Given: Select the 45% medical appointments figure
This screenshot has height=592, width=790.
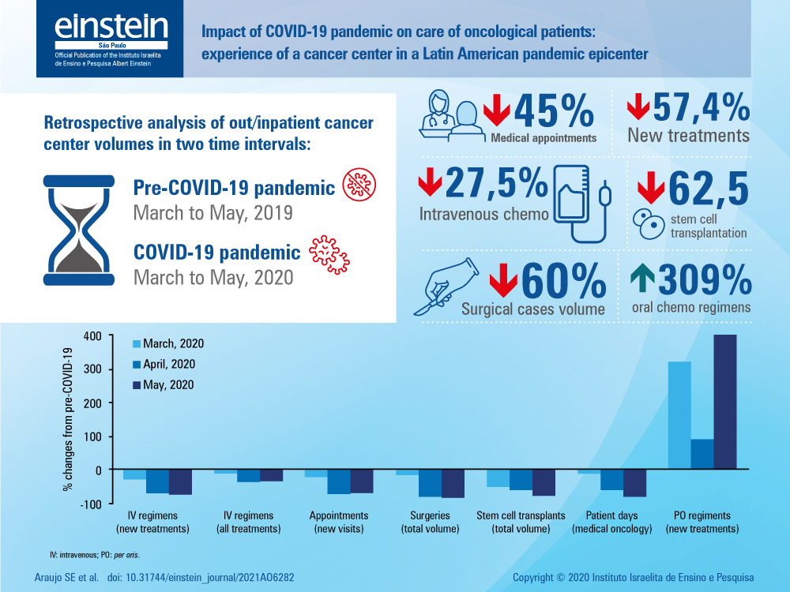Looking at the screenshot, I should (554, 113).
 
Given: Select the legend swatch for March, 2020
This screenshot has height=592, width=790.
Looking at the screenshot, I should (137, 344).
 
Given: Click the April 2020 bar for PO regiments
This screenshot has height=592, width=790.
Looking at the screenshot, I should (702, 454).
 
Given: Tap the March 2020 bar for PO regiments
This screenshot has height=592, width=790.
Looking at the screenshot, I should (679, 415).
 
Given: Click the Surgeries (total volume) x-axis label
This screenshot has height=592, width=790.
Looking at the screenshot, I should (431, 522).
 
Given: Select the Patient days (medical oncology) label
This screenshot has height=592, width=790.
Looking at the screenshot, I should (611, 522).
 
